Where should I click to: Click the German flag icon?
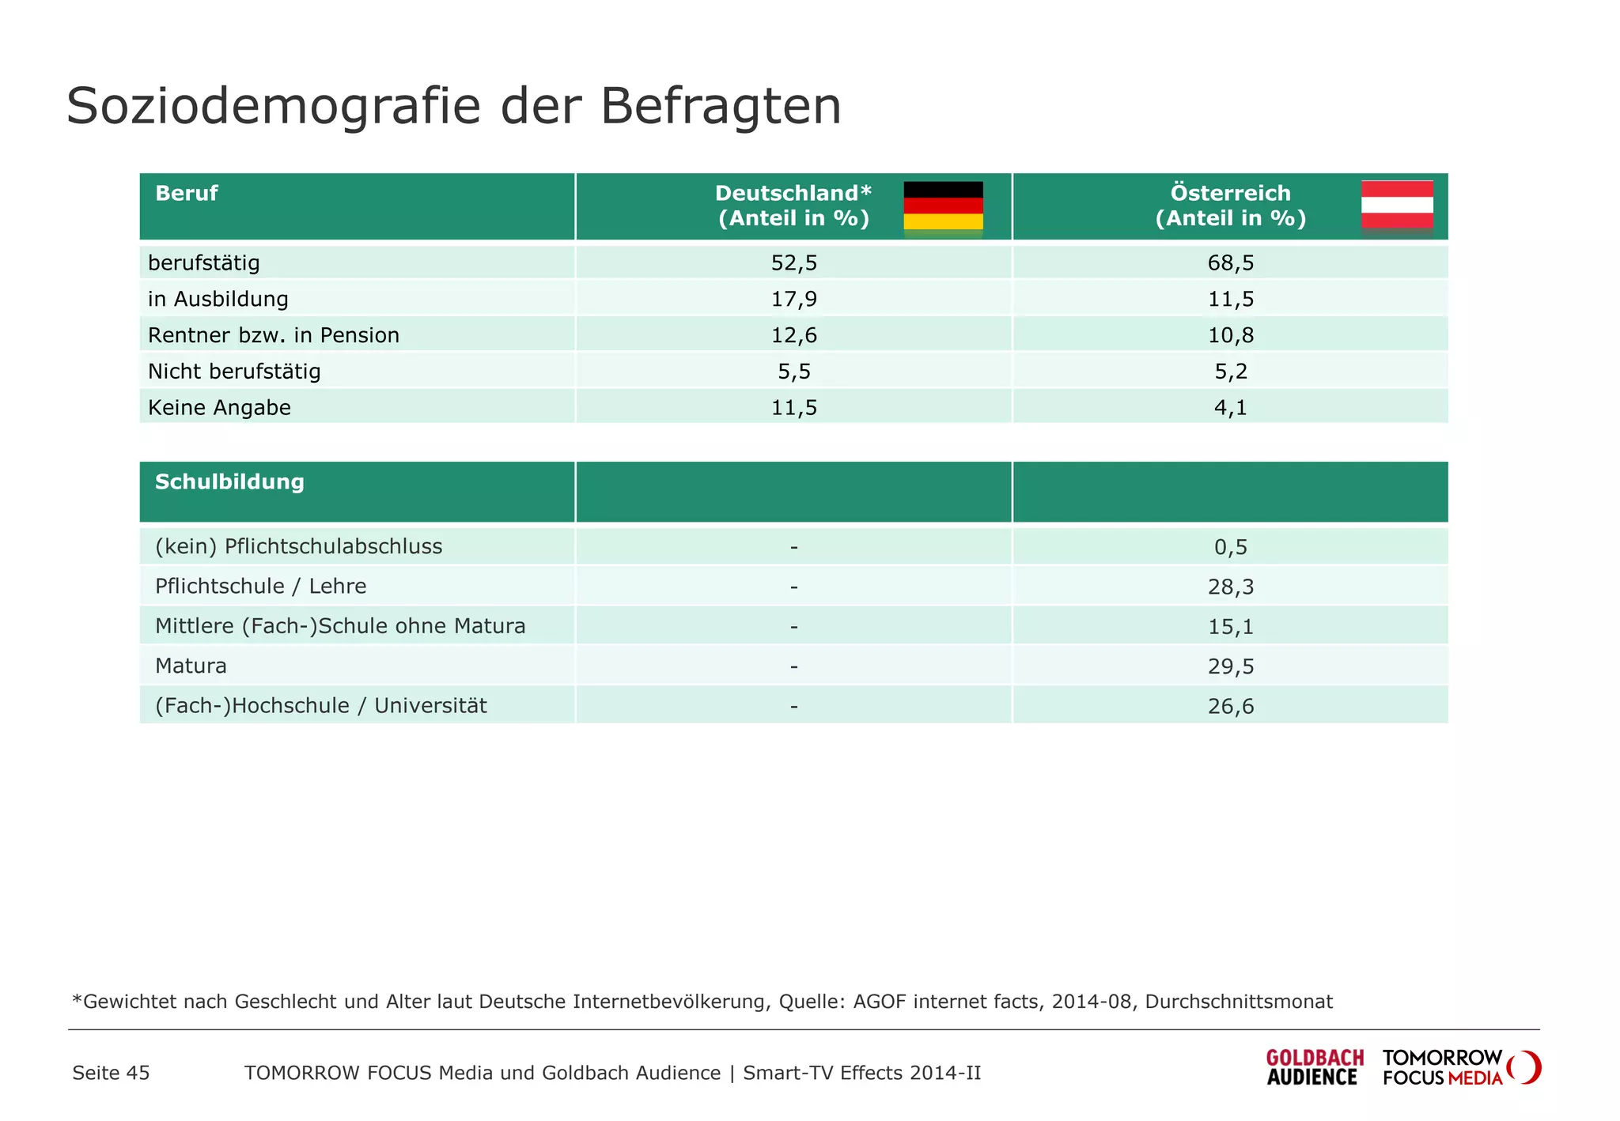tap(943, 206)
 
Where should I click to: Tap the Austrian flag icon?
tap(1397, 205)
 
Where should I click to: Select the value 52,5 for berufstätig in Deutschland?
tap(793, 263)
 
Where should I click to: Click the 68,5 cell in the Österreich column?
tap(1230, 263)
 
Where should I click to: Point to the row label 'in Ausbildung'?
tap(218, 300)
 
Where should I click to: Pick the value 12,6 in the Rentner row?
tap(793, 336)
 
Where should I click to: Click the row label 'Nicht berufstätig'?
tap(234, 372)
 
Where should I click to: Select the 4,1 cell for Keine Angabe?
tap(1230, 408)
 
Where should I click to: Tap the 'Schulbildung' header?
tap(229, 482)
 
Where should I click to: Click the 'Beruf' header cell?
tap(186, 194)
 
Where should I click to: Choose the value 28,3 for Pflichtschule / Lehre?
tap(1230, 587)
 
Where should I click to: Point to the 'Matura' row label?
tap(191, 666)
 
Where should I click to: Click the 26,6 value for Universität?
tap(1230, 707)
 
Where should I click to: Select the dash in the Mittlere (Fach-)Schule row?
tap(793, 627)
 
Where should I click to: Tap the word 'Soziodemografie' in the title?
tap(273, 106)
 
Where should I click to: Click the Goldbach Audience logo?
tap(1314, 1067)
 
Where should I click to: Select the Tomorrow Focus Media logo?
tap(1459, 1067)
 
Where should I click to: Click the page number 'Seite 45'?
tap(111, 1074)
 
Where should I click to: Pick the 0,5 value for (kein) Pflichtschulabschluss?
tap(1230, 547)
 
